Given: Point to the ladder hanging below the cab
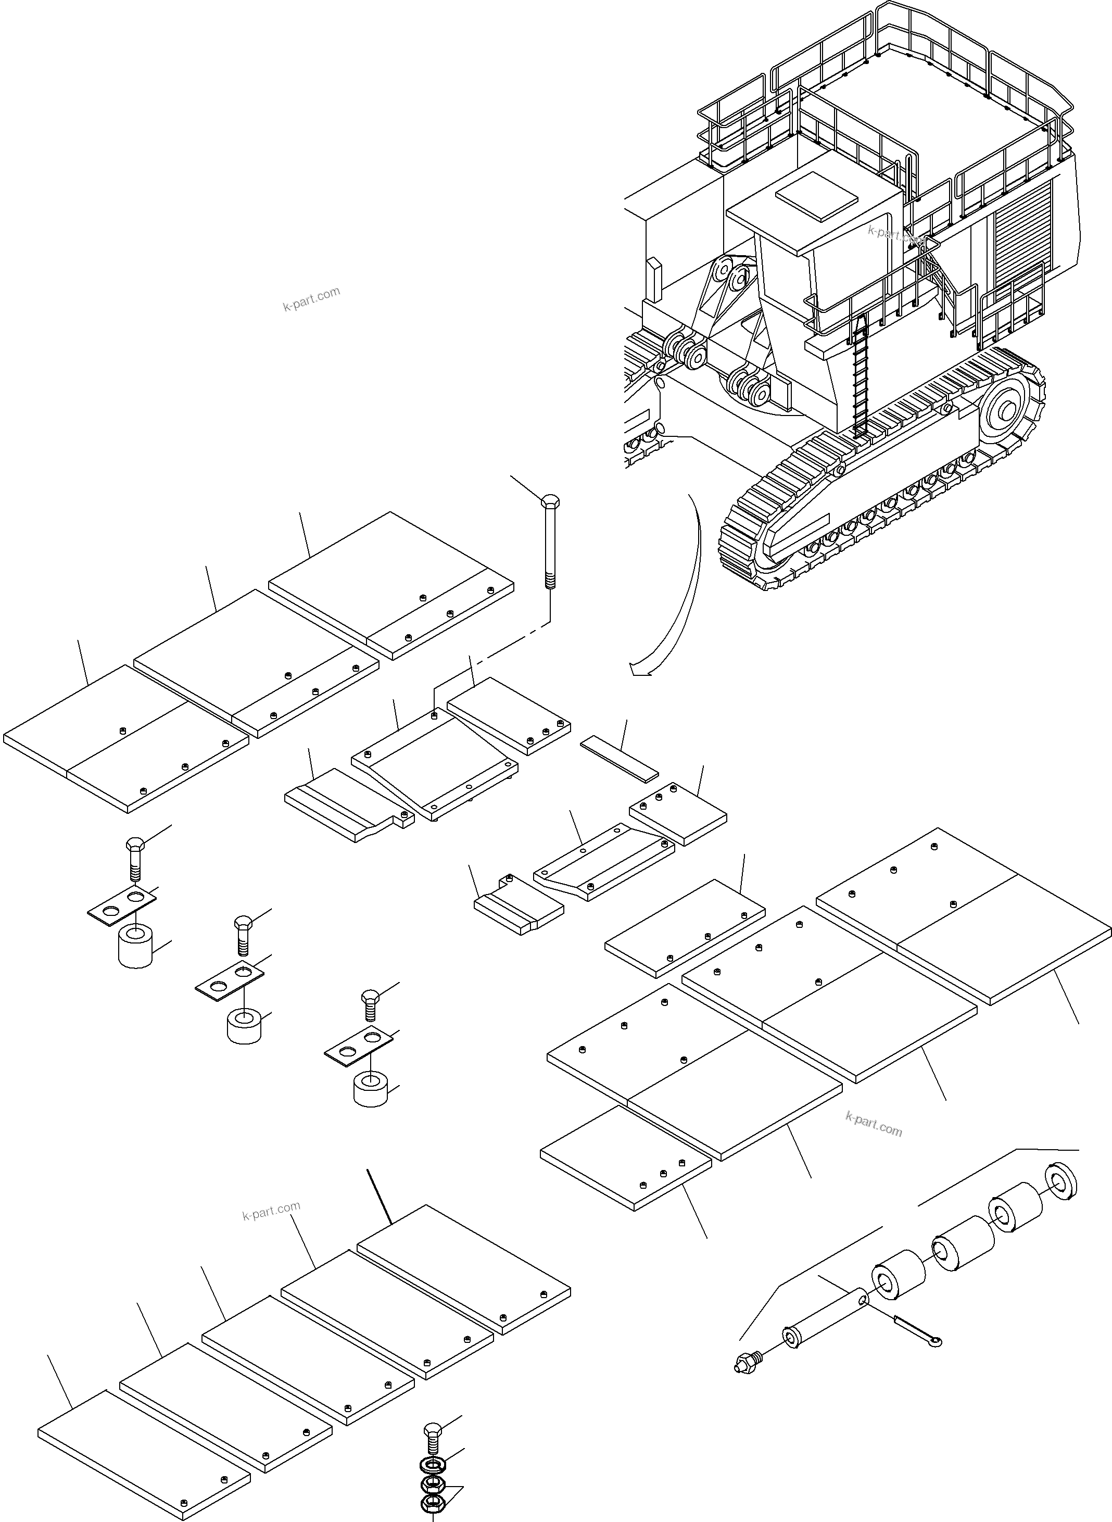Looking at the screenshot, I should coord(861,377).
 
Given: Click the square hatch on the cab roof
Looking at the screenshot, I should coord(817,195).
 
